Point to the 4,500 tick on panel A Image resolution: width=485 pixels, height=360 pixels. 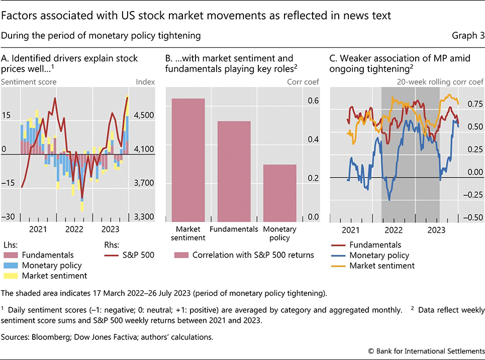[x=146, y=115]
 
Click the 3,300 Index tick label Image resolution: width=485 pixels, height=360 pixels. [x=146, y=217]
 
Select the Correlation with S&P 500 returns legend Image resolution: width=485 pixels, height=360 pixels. [x=244, y=255]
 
